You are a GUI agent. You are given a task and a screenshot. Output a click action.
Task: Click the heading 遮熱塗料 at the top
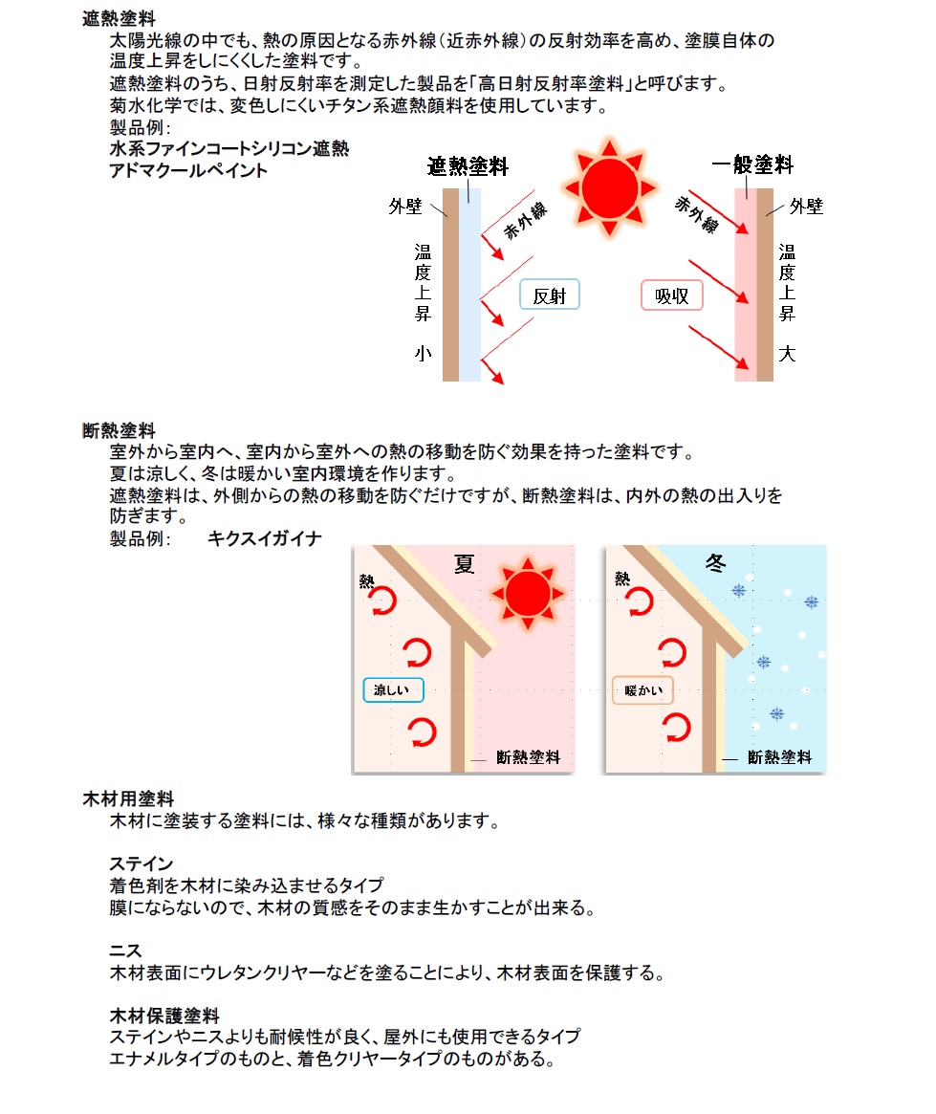point(119,18)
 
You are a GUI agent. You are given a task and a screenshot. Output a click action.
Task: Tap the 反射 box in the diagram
point(550,295)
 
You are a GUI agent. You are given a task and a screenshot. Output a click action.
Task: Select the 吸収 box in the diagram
point(672,295)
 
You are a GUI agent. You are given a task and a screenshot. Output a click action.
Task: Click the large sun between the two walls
point(609,188)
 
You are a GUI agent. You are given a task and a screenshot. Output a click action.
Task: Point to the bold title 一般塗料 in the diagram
point(752,164)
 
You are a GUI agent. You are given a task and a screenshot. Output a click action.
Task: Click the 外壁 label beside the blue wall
point(405,207)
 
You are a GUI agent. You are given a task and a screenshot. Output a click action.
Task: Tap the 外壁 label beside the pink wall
point(806,207)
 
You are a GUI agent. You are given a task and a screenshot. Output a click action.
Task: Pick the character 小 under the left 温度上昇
point(424,353)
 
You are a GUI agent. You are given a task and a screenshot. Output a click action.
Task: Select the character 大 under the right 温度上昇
point(787,353)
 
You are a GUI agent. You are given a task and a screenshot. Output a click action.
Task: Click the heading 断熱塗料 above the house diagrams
point(119,430)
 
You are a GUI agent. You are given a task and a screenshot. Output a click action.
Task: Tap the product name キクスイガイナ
point(265,538)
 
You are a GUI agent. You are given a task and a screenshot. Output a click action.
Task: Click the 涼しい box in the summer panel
point(394,689)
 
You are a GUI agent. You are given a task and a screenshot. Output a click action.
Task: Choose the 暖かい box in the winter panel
point(643,689)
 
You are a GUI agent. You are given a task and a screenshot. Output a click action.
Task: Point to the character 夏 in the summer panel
point(465,564)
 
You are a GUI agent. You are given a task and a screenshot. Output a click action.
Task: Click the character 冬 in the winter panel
point(716,563)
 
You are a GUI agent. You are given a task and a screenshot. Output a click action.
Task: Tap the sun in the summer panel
point(528,593)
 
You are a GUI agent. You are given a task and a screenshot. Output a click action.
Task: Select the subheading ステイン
point(141,863)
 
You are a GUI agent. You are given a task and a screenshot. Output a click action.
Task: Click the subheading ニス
point(125,950)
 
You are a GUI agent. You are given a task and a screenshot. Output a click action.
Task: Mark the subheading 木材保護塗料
point(164,1016)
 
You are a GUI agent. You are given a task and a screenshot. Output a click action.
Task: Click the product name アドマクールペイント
point(188,170)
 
